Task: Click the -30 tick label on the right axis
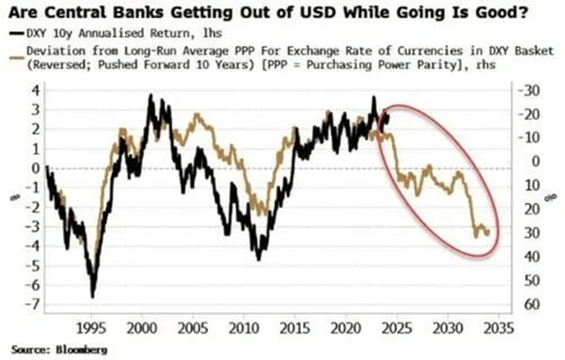(x=530, y=90)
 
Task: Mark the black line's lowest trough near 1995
(x=92, y=296)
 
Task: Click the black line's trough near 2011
(x=259, y=260)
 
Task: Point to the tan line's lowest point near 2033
(x=476, y=236)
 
